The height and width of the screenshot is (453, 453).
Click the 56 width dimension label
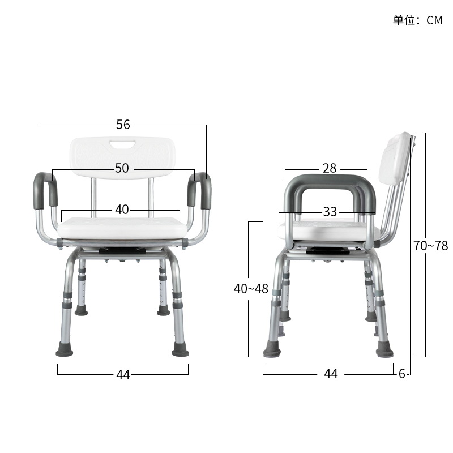pos(123,125)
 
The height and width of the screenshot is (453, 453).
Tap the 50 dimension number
pos(122,168)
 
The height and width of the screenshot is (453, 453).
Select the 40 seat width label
pos(122,210)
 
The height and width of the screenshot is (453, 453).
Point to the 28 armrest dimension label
pos(329,168)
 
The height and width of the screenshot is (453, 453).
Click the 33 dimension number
pos(330,212)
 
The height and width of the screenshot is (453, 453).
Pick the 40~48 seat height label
pos(251,288)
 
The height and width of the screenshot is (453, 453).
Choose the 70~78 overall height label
pos(430,246)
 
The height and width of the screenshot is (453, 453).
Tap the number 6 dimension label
pos(401,374)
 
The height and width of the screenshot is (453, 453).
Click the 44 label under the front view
pos(123,374)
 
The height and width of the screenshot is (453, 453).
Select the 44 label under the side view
pos(331,374)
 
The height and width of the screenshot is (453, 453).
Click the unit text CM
pos(434,20)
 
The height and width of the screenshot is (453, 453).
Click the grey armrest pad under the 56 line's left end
pos(45,190)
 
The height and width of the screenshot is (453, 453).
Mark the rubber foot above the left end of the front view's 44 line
pos(64,349)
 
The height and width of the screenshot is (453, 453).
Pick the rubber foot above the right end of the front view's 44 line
pos(181,349)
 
